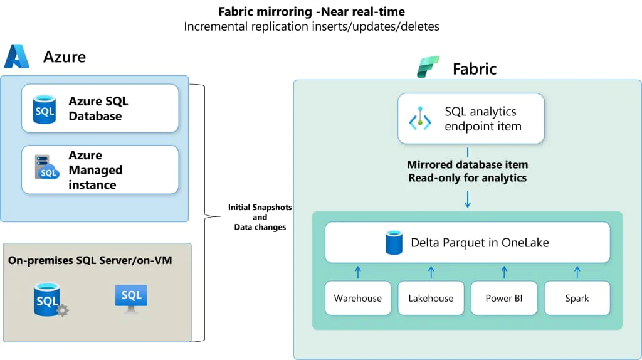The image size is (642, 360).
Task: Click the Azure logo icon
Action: point(17,56)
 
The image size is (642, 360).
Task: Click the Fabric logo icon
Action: point(429,67)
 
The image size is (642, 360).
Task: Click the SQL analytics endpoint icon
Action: point(420,119)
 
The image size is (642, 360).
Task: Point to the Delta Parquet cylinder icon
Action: point(394,243)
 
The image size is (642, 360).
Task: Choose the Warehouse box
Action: point(357,298)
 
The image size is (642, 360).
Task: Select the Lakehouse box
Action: point(431,298)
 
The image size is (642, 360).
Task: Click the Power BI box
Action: point(503,298)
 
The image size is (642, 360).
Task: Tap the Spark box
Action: point(577,298)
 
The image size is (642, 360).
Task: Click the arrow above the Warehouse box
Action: point(358,272)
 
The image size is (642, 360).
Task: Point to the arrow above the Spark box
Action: point(577,272)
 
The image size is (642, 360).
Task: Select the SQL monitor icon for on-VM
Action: point(131,297)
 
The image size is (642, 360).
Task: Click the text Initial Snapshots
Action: point(260,208)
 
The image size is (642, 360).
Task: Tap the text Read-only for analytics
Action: point(467,177)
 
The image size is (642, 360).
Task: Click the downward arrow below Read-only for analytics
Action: point(468,199)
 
